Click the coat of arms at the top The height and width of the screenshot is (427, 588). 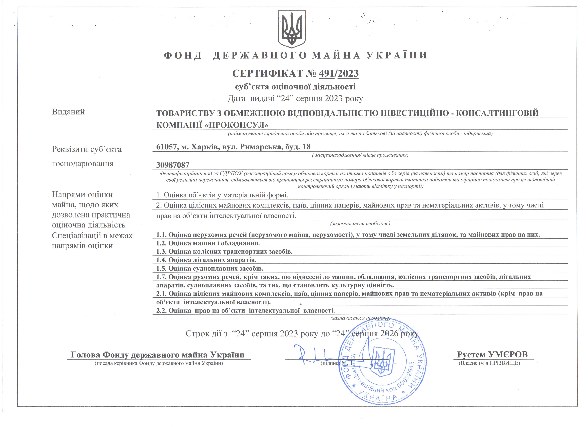point(292,29)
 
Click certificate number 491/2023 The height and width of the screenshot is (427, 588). point(338,74)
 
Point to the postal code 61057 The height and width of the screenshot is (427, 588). point(166,147)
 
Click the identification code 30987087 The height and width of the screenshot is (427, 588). point(173,165)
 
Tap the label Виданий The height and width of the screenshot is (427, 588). point(68,112)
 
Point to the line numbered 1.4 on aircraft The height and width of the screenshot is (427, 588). point(206,260)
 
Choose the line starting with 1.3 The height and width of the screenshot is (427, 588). point(224,251)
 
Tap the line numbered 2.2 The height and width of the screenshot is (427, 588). point(245,310)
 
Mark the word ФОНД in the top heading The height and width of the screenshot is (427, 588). point(183,56)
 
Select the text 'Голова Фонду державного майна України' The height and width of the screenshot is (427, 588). point(158,354)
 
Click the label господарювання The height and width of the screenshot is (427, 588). point(82,164)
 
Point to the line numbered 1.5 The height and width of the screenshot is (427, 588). point(210,268)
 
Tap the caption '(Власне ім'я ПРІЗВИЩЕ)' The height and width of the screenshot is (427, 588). point(489,363)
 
